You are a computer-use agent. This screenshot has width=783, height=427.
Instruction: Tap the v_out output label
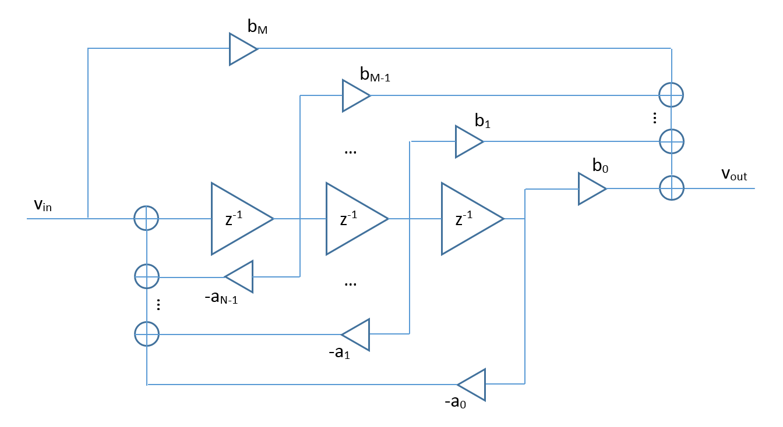point(734,175)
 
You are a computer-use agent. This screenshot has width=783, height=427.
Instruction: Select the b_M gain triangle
point(242,49)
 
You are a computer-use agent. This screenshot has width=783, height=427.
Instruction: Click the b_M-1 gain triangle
point(355,95)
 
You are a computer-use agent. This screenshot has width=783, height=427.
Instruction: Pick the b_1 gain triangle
point(468,141)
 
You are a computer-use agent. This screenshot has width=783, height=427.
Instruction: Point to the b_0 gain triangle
point(591,188)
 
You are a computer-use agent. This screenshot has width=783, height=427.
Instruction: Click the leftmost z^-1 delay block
point(237,219)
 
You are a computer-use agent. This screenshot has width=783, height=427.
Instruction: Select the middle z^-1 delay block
point(352,219)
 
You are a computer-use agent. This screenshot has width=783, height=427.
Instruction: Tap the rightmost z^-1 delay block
point(467,219)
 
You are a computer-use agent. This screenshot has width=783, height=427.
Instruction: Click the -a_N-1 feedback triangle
point(241,277)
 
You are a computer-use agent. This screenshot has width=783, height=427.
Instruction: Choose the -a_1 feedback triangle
point(357,335)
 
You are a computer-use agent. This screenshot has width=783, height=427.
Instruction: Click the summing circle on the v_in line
point(146,219)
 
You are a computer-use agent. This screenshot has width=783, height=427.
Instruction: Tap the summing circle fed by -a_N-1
point(146,277)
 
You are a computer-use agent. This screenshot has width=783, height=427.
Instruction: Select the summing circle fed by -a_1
point(146,334)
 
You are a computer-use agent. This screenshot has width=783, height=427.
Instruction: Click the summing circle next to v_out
point(672,188)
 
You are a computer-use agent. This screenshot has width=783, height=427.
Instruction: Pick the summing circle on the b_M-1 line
point(671,95)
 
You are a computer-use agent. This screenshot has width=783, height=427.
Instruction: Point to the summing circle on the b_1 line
point(671,141)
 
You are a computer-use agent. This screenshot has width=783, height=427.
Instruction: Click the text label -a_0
point(455,402)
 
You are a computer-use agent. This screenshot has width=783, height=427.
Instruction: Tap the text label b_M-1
point(375,74)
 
